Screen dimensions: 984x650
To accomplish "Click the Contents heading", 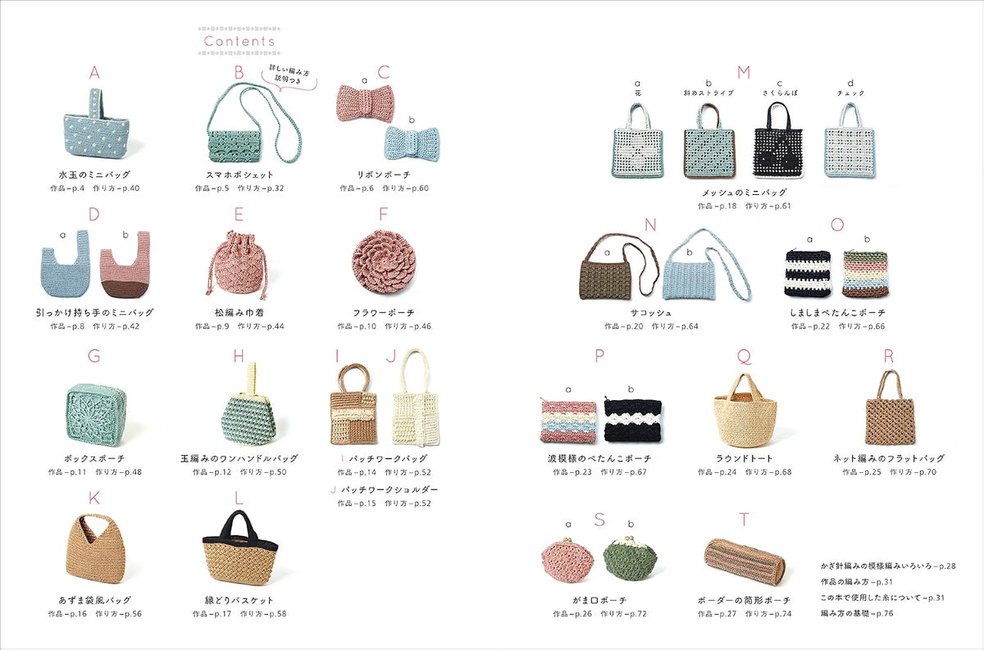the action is (239, 41).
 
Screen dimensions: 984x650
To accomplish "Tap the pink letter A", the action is (94, 72).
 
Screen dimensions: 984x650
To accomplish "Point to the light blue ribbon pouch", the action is (412, 143).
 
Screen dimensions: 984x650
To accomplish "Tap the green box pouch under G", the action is (96, 412).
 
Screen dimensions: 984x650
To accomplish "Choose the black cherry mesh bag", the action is (778, 140).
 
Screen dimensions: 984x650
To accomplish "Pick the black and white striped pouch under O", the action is (808, 274).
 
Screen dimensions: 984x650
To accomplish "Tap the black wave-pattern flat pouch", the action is (633, 420).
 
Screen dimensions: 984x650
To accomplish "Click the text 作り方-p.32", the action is (261, 189).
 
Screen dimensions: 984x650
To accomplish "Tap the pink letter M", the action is (744, 72).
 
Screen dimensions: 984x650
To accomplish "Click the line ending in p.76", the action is (857, 613).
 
